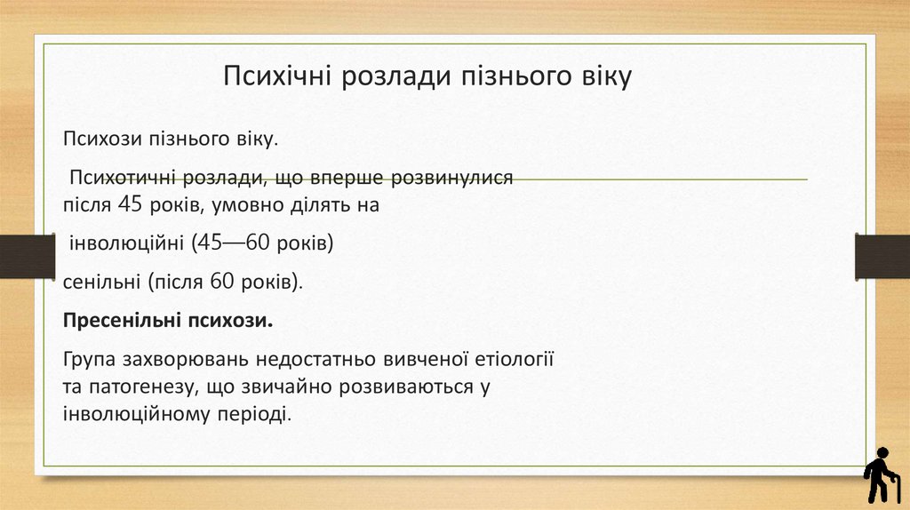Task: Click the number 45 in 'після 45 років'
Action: pos(130,205)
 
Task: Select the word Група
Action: pos(90,360)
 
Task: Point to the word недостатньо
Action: pos(305,360)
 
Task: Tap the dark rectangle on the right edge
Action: pos(882,257)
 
